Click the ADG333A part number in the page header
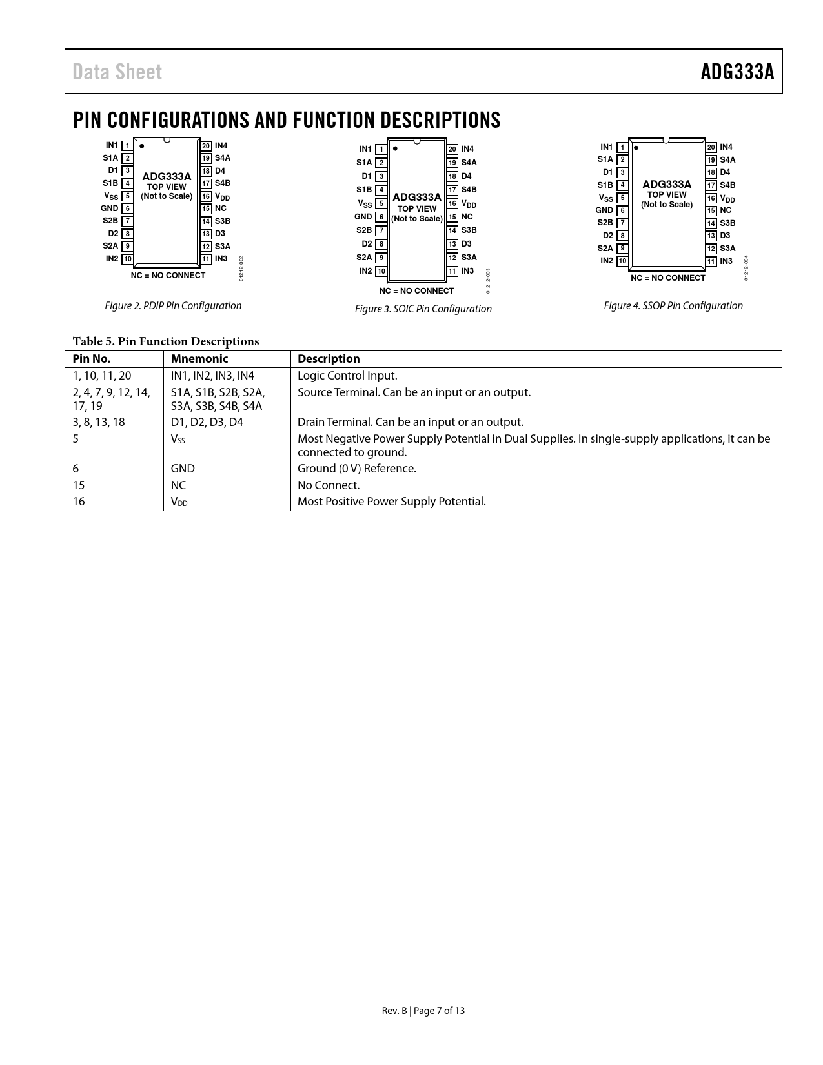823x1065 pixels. pos(737,72)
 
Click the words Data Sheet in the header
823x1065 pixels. pos(117,72)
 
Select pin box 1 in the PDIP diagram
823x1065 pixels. pos(127,146)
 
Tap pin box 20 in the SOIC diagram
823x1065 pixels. pos(452,149)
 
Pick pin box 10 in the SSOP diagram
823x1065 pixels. pos(622,261)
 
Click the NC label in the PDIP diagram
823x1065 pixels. pos(221,208)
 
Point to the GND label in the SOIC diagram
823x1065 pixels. pos(363,217)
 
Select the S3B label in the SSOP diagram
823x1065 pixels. pos(727,223)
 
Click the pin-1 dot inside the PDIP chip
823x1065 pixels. pos(141,146)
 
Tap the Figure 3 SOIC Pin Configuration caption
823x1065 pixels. pos(423,309)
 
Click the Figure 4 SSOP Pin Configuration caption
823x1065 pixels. pos(673,306)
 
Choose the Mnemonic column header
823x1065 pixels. pos(199,359)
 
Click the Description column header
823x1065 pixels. pos(329,359)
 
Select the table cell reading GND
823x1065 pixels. pos(183,469)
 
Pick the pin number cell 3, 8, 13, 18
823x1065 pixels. pos(99,422)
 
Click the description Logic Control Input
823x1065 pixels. pos(347,376)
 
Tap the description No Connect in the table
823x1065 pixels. pos(329,485)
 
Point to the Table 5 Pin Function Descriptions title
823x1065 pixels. pos(166,341)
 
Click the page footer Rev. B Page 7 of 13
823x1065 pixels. pos(423,1011)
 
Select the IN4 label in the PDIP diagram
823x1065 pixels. pos(221,146)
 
